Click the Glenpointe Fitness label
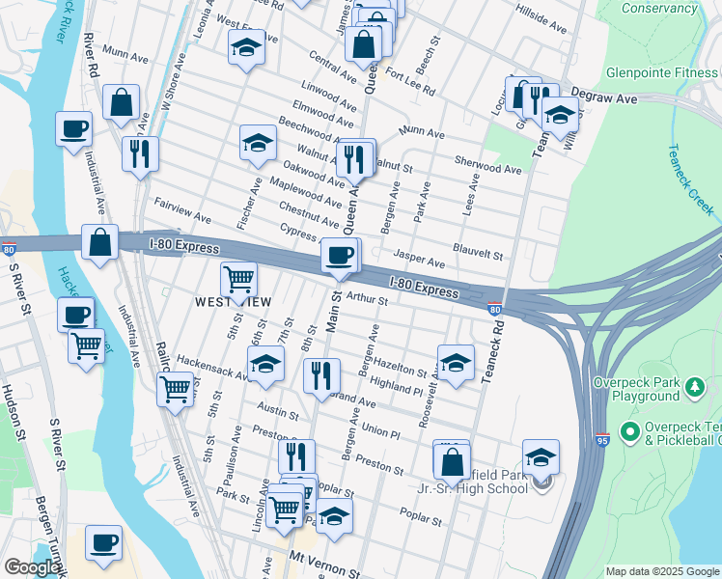(x=661, y=72)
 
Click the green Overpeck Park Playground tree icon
(x=693, y=388)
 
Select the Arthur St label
(x=366, y=300)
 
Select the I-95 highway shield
(x=601, y=438)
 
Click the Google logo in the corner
(x=31, y=567)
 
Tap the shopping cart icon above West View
(x=238, y=280)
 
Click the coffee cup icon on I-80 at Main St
(x=339, y=255)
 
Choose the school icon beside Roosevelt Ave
(x=456, y=363)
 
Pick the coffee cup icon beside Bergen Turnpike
(x=103, y=542)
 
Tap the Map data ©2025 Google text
(x=661, y=571)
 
